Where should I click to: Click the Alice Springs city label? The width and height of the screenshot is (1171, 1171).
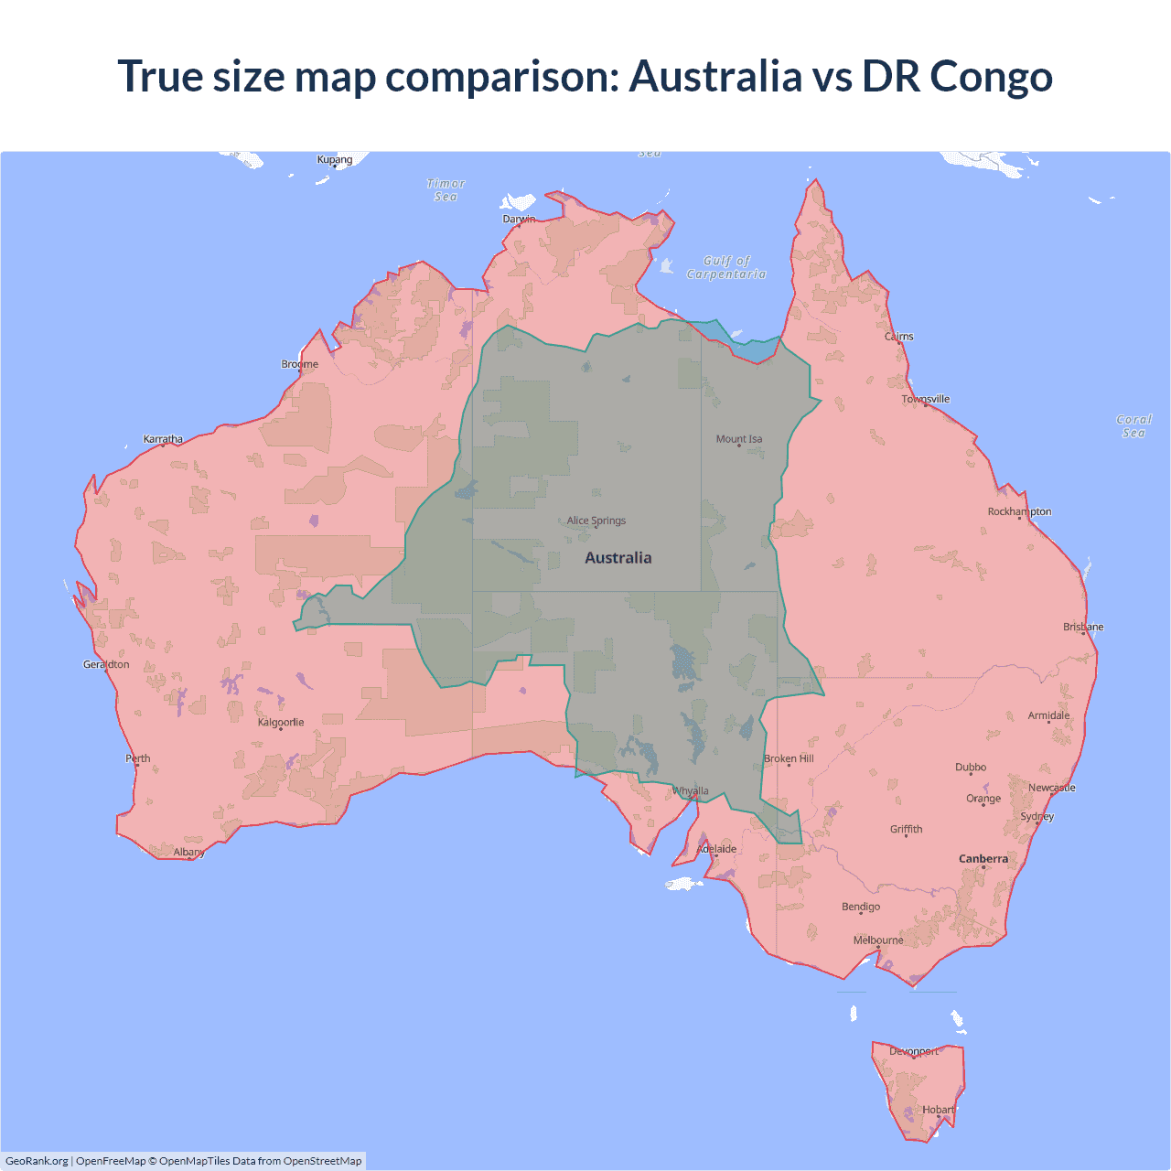[x=596, y=521]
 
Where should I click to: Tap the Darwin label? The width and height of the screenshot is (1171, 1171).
[x=519, y=219]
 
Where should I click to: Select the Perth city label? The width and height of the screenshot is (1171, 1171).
[x=138, y=758]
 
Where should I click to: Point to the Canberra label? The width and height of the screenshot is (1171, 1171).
[x=983, y=859]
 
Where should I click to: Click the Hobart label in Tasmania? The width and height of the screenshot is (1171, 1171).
[x=938, y=1110]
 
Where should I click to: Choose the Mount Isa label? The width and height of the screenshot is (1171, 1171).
[x=739, y=439]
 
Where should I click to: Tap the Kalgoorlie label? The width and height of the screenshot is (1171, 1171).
[x=281, y=723]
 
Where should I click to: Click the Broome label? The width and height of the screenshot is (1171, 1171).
[x=300, y=364]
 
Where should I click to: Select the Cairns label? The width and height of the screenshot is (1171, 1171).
[x=899, y=337]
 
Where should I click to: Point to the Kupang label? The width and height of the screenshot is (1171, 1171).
[x=335, y=160]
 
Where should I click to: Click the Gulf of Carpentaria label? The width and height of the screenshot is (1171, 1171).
[x=726, y=267]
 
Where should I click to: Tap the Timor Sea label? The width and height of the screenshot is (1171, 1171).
[x=446, y=190]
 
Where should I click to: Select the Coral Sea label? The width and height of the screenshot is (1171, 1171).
[x=1133, y=426]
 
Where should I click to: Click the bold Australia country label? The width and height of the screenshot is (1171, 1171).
[x=618, y=558]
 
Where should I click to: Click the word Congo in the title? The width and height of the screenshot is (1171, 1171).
[x=991, y=76]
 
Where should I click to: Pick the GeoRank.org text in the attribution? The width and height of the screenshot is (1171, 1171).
[x=37, y=1161]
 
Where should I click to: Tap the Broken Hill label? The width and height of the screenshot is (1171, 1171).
[x=789, y=758]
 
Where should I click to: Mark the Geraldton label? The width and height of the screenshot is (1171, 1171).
[x=106, y=664]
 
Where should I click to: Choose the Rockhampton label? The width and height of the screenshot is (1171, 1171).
[x=1019, y=511]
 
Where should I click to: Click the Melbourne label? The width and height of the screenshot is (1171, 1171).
[x=878, y=940]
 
